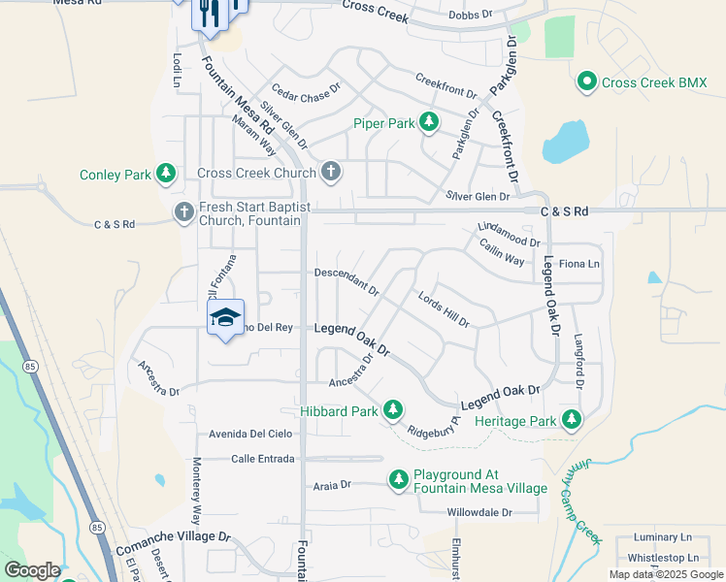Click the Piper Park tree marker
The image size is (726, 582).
428,122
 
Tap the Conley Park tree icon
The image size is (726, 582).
167,174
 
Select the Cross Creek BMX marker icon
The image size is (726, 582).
587,82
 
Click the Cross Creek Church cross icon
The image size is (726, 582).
331,173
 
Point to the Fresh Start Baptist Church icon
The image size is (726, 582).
184,211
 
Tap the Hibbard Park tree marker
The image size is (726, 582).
392,411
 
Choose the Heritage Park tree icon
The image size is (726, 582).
572,420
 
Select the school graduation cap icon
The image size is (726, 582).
224,318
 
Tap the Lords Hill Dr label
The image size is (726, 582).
444,309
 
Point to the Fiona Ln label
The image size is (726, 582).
579,264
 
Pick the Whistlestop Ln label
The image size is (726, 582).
663,558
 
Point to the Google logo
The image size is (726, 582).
32,570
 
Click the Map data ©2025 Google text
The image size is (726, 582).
665,574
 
